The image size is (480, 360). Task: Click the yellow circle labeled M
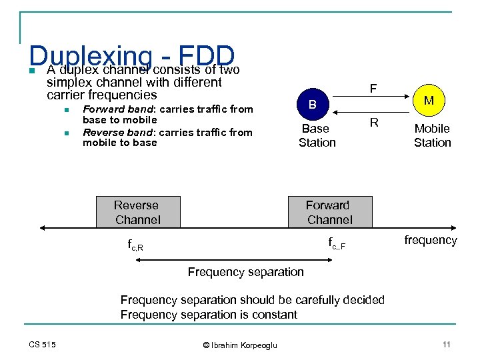point(429,101)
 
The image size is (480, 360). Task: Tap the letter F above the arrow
point(373,87)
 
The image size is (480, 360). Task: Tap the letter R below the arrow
point(374,123)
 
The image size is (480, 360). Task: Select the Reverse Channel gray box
point(137,212)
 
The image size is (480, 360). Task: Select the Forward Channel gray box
point(329,212)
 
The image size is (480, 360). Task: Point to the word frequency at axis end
point(430,240)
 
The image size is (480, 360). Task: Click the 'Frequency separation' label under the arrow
point(245,272)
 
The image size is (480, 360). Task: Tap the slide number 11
point(446,344)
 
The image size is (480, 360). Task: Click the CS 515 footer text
point(42,344)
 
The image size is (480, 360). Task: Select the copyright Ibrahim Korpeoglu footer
point(239,345)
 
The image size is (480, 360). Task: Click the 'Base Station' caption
point(317,135)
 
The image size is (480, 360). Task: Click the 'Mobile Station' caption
point(432,135)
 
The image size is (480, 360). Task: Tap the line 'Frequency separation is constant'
point(209,315)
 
